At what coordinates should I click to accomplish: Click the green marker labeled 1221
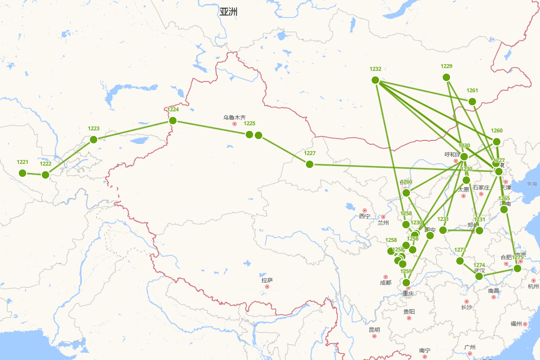point(22,173)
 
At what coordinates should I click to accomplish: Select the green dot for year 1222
point(45,175)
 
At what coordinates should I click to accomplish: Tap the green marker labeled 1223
point(94,139)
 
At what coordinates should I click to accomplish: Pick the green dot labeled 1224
point(173,120)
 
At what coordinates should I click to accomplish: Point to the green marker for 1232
point(375,80)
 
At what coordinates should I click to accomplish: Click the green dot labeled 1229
point(446,77)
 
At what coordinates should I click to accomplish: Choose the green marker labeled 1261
point(472,102)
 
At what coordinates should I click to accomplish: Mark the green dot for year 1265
point(504,209)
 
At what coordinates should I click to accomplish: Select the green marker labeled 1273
point(460,261)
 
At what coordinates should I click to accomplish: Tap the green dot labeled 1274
point(479,276)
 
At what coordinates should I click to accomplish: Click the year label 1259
point(406,271)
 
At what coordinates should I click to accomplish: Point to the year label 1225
point(249,123)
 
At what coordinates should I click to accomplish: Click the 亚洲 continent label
point(229,12)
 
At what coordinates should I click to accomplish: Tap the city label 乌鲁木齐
point(234,117)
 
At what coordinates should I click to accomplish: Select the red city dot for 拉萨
point(267,287)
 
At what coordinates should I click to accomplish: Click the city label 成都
point(386,283)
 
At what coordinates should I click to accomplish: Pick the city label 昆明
point(374,330)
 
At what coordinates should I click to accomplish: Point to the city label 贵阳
point(409,312)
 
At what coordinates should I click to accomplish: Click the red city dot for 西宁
point(364,210)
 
